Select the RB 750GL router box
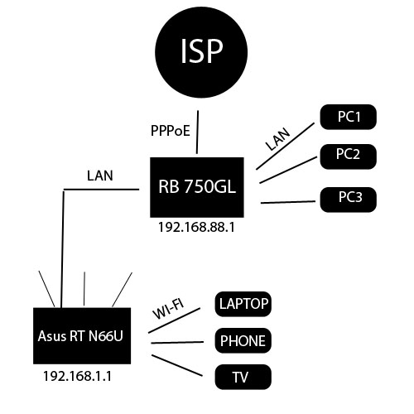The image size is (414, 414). pos(197,186)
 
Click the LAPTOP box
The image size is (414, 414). pos(243,304)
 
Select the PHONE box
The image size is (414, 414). pos(243,340)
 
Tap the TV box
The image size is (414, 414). pos(243,377)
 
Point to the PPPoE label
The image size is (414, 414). pos(169,131)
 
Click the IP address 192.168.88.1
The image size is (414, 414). pos(196,226)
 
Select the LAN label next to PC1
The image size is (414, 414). pos(278,140)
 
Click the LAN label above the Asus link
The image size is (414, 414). pos(100,176)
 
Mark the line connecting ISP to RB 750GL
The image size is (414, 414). pos(197,132)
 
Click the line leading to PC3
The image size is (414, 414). pos(286,202)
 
